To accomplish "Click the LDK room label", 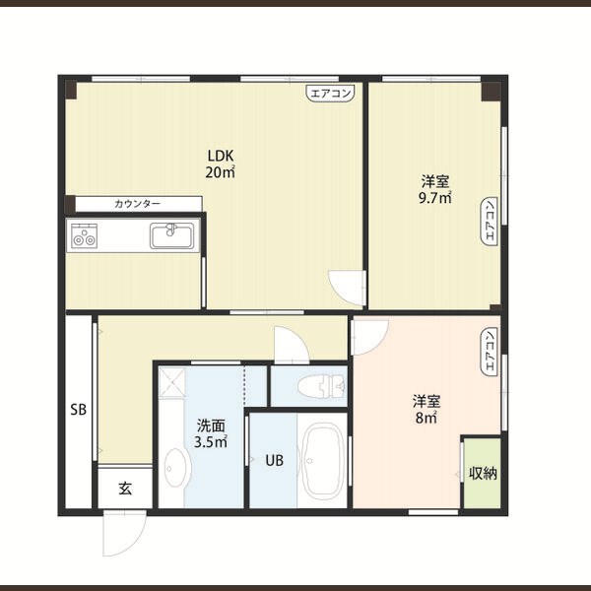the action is [x=221, y=156].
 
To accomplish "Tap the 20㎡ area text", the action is [x=221, y=171].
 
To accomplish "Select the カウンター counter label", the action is [x=137, y=204].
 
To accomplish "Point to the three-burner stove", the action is [x=84, y=235].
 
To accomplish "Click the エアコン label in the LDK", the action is [x=331, y=94].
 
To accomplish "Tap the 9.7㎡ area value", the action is [x=435, y=198].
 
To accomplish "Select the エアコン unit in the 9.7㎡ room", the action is [x=490, y=222].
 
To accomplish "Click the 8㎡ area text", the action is [x=427, y=418].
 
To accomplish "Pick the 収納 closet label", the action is [x=483, y=474].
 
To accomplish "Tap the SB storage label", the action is [x=79, y=410].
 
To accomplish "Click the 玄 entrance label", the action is [x=125, y=489].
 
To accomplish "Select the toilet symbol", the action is [x=321, y=387].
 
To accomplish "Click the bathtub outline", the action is [x=323, y=462].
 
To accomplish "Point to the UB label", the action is [x=274, y=460].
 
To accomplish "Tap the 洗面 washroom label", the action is [x=211, y=426].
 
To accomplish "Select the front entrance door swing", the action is [x=124, y=533].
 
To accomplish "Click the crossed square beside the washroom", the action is [x=171, y=382].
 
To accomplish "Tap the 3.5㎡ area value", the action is [x=211, y=441].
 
